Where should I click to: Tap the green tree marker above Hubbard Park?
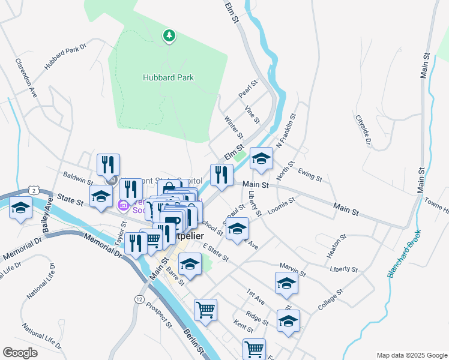(169, 36)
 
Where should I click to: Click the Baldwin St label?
(78, 178)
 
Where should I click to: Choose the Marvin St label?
(292, 269)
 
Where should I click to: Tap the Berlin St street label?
(194, 341)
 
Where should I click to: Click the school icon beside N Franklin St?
(261, 158)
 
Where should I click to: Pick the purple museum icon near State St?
(124, 206)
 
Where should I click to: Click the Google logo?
(20, 352)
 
